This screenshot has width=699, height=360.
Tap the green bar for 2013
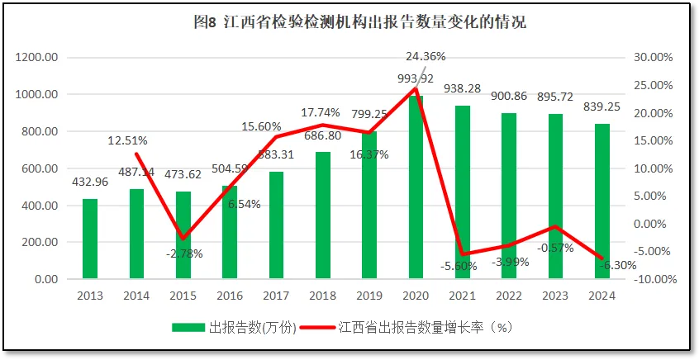(90, 239)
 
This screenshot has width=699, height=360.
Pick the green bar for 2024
(602, 202)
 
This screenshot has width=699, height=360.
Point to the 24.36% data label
(426, 57)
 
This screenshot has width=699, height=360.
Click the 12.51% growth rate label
(127, 140)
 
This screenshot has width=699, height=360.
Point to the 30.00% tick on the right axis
(654, 58)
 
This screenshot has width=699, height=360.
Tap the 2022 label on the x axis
(510, 296)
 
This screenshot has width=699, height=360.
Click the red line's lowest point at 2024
(602, 259)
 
